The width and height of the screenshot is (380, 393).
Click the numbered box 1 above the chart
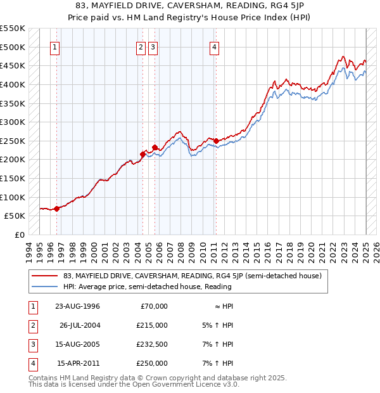[55, 46]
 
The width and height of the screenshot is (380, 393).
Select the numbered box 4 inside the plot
[215, 46]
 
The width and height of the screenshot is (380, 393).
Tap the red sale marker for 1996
[56, 208]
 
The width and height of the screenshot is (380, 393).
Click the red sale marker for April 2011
[216, 141]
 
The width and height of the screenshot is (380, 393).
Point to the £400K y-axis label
[12, 84]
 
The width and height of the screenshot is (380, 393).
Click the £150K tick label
[12, 178]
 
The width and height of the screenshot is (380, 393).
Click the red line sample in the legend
[44, 276]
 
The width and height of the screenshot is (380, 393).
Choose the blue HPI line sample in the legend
[44, 287]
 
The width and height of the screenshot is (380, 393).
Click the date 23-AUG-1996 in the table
[77, 306]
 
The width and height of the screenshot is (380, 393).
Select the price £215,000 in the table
[153, 325]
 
